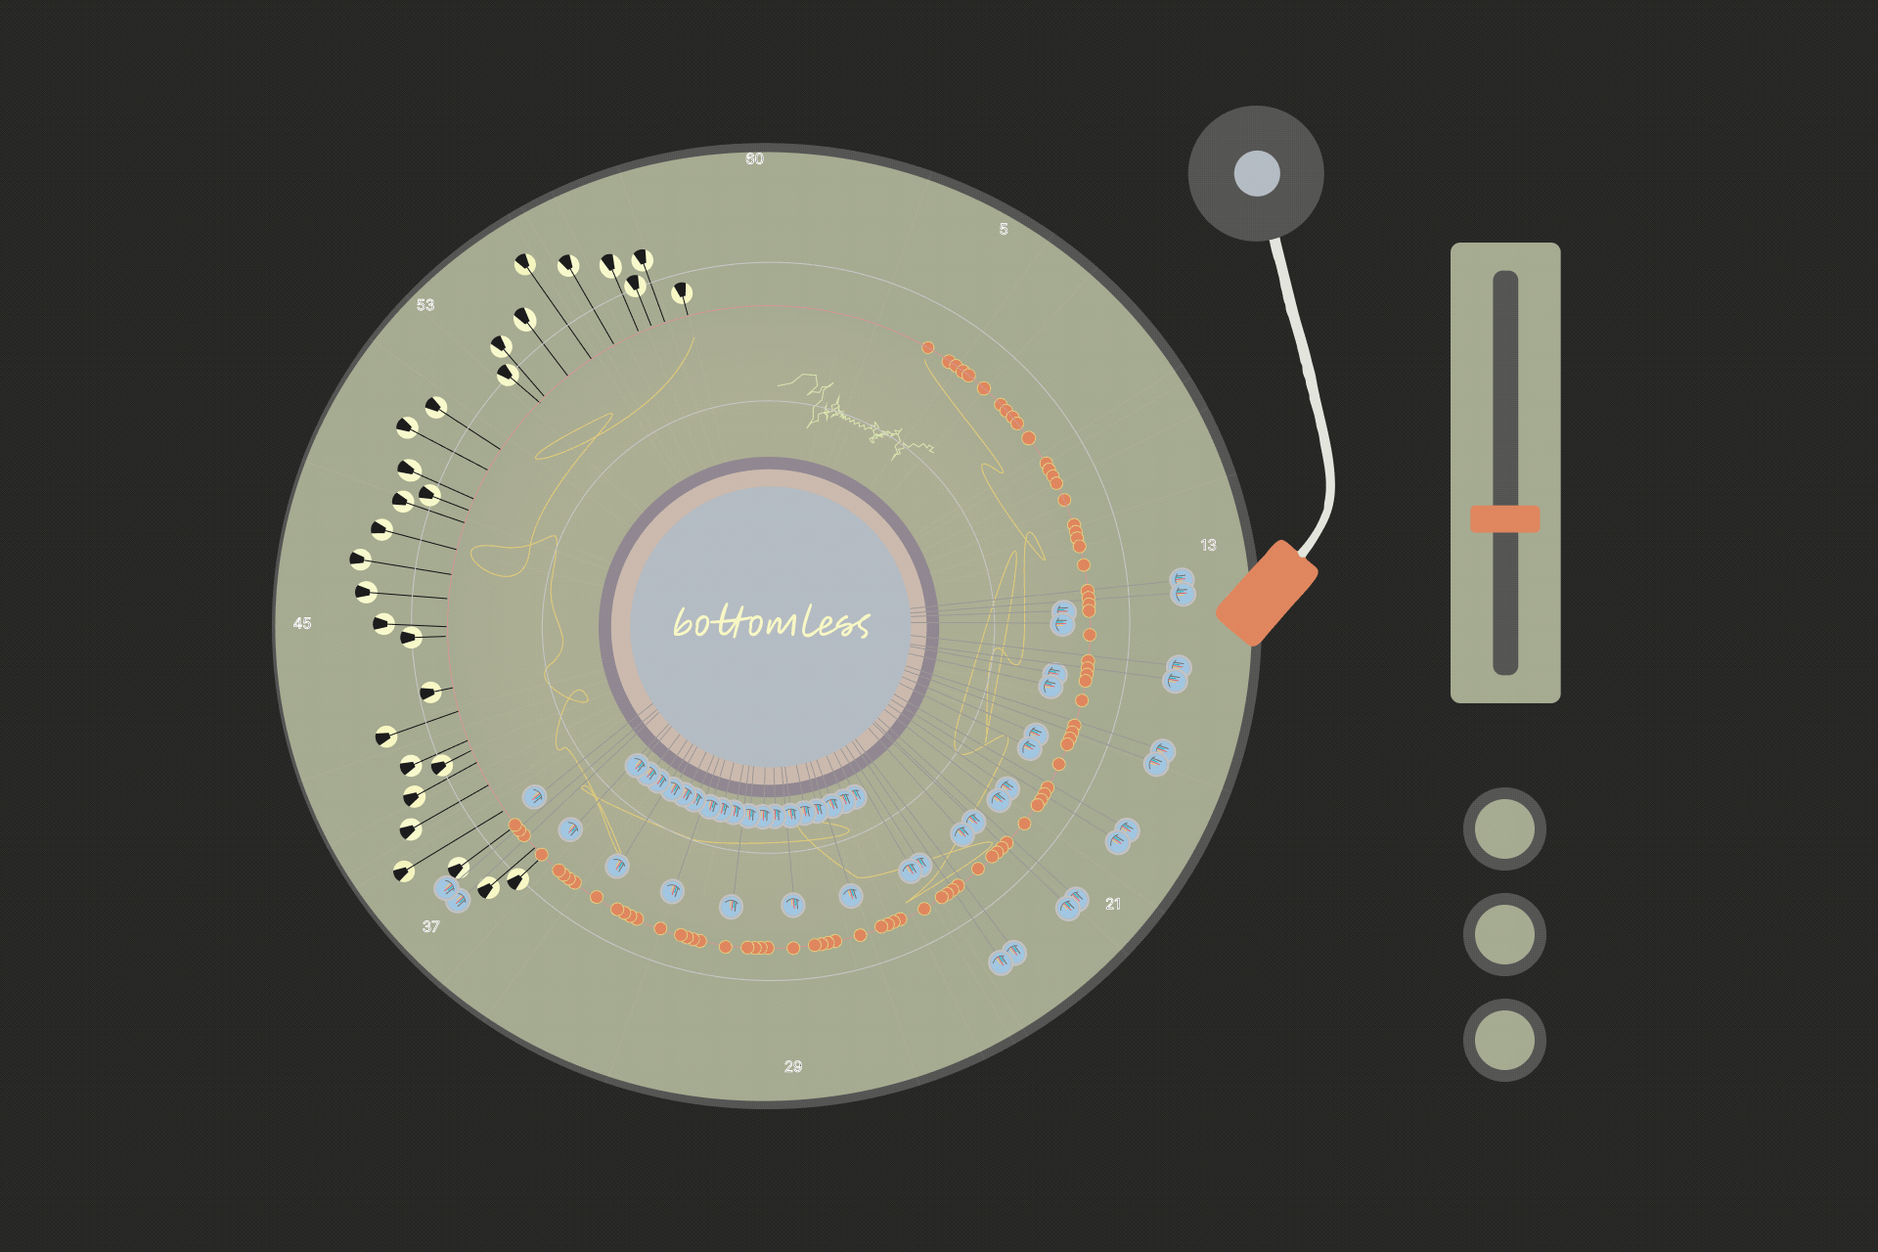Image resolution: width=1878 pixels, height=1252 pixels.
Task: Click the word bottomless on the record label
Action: pyautogui.click(x=772, y=622)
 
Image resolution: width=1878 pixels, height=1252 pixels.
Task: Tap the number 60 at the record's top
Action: pyautogui.click(x=754, y=158)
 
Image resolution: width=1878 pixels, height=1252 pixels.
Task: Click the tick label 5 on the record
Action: pyautogui.click(x=1003, y=229)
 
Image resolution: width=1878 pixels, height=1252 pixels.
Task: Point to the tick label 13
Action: pyautogui.click(x=1208, y=545)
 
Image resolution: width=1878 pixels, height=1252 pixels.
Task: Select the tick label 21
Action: pyautogui.click(x=1113, y=904)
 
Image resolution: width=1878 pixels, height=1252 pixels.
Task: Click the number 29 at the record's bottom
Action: pyautogui.click(x=793, y=1066)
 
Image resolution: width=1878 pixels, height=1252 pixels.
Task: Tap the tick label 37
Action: pyautogui.click(x=430, y=926)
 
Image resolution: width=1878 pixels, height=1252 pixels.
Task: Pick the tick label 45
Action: pyautogui.click(x=302, y=623)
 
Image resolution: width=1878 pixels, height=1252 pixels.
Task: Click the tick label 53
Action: pyautogui.click(x=425, y=304)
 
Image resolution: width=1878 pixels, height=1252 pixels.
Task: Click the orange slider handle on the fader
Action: pyautogui.click(x=1504, y=518)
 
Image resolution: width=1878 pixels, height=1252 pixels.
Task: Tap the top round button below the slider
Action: pyautogui.click(x=1504, y=828)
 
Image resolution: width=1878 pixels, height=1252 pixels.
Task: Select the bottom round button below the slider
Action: pyautogui.click(x=1504, y=1040)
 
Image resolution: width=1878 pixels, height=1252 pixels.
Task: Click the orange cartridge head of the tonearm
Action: pyautogui.click(x=1267, y=593)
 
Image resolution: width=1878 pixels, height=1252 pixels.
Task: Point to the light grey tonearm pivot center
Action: pyautogui.click(x=1257, y=173)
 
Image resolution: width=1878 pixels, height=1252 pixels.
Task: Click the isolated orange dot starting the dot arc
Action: pyautogui.click(x=927, y=347)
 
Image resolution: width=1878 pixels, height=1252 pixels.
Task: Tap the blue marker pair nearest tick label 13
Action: pyautogui.click(x=1183, y=587)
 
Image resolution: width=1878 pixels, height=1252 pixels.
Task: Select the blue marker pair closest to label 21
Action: pyautogui.click(x=1072, y=903)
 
